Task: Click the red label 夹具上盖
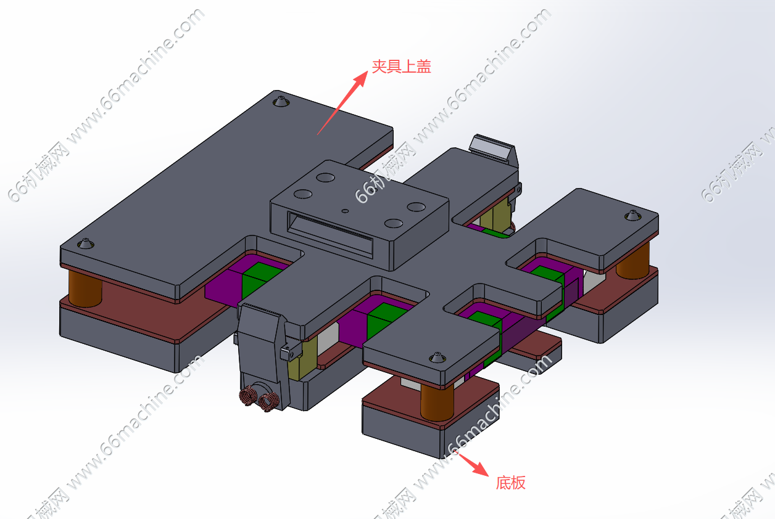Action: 401,67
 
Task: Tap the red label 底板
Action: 510,483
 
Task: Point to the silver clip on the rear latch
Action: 492,148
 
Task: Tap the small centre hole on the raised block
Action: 345,210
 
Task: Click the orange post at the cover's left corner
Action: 85,288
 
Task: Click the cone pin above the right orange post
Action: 632,216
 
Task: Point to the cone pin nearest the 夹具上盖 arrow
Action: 281,100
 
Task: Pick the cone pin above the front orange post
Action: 437,358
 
